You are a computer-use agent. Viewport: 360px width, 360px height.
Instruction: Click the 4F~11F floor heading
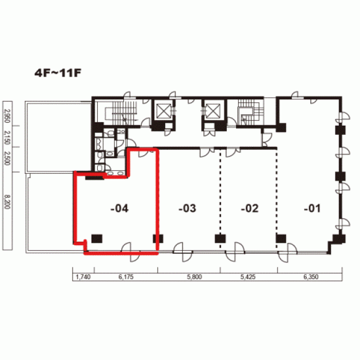click(x=58, y=73)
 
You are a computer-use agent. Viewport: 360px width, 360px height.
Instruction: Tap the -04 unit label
click(x=119, y=209)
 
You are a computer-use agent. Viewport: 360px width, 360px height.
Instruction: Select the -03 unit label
click(x=187, y=209)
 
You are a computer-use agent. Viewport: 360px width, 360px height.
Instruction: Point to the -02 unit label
click(x=250, y=209)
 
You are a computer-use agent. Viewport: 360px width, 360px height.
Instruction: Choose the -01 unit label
click(x=312, y=209)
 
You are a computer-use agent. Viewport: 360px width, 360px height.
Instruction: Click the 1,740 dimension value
click(x=83, y=277)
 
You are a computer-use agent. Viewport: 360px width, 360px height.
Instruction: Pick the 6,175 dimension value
click(x=126, y=277)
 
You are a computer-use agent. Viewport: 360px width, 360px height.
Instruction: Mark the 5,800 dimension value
click(x=194, y=277)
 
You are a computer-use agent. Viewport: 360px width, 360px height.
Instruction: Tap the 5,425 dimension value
click(x=248, y=277)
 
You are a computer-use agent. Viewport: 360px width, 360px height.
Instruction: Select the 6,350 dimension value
click(x=311, y=277)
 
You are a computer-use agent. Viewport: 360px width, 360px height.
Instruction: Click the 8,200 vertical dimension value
click(x=7, y=202)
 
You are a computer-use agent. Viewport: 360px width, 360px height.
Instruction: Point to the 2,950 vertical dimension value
click(x=7, y=116)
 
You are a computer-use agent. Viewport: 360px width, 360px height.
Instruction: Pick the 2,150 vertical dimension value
click(x=7, y=138)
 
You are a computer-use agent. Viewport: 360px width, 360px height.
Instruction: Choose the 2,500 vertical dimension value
click(x=7, y=158)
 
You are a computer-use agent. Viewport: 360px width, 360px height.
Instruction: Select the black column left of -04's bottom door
click(x=97, y=238)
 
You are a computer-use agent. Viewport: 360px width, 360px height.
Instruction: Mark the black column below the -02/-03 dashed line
click(x=220, y=238)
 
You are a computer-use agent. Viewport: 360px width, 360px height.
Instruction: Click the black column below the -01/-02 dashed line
click(x=281, y=238)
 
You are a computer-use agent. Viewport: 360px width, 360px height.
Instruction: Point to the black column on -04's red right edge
click(x=158, y=238)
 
